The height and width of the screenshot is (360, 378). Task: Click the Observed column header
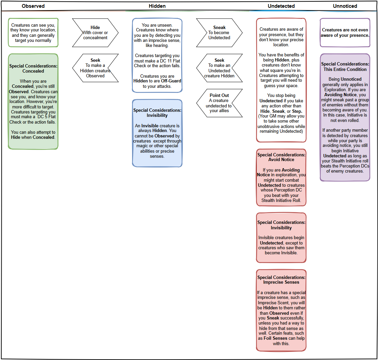pyautogui.click(x=33, y=6)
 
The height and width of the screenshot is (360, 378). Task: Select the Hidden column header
pyautogui.click(x=157, y=6)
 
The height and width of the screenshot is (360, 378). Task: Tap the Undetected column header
pyautogui.click(x=281, y=6)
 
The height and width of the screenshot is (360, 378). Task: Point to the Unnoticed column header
pyautogui.click(x=345, y=6)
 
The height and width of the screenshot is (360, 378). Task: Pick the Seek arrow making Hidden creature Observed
pyautogui.click(x=95, y=68)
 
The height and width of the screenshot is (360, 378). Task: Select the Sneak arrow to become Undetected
pyautogui.click(x=219, y=33)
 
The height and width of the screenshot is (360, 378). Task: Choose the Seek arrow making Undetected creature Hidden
pyautogui.click(x=219, y=68)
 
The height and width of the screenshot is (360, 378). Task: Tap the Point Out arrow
pyautogui.click(x=219, y=103)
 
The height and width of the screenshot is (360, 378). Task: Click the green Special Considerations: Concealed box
pyautogui.click(x=33, y=101)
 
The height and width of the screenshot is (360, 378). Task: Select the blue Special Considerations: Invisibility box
pyautogui.click(x=157, y=133)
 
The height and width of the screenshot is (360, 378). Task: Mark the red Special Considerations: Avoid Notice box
pyautogui.click(x=281, y=178)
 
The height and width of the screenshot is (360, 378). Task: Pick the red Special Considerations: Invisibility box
pyautogui.click(x=281, y=237)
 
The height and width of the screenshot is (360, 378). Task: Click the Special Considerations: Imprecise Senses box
pyautogui.click(x=281, y=310)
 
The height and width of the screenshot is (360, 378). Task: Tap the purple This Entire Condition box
pyautogui.click(x=345, y=117)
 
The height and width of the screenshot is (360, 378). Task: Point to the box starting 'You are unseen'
pyautogui.click(x=157, y=55)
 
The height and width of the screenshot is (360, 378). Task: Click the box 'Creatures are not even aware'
pyautogui.click(x=345, y=33)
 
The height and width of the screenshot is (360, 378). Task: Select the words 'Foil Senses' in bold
pyautogui.click(x=275, y=338)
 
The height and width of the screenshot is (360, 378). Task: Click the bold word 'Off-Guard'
pyautogui.click(x=171, y=81)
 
